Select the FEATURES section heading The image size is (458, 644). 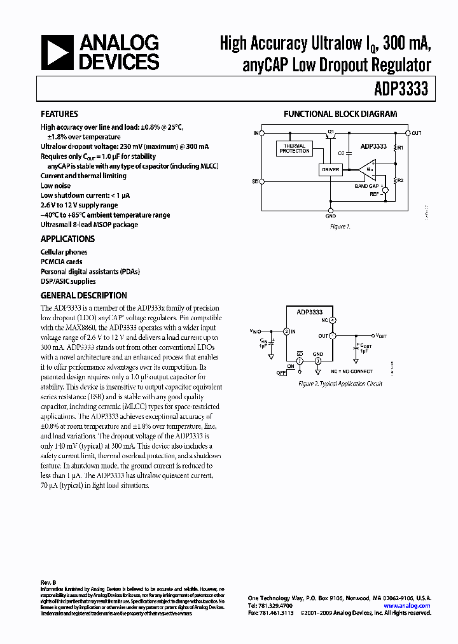tap(59, 114)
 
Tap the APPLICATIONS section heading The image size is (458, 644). tap(67, 239)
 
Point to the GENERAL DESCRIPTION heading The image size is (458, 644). tap(84, 295)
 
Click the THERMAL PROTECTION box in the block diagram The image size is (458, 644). tap(294, 148)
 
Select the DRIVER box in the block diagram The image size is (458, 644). tap(330, 170)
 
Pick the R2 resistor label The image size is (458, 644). tap(400, 181)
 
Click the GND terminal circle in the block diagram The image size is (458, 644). tap(331, 209)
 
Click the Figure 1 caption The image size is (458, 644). tap(340, 227)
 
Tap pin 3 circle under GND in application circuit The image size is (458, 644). tap(318, 360)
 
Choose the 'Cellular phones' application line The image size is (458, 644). tap(64, 252)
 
